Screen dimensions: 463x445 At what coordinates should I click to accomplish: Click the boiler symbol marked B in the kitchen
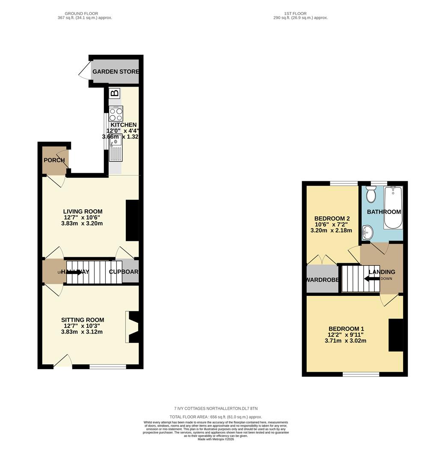pyautogui.click(x=115, y=93)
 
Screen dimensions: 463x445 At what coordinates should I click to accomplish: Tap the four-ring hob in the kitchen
pyautogui.click(x=116, y=114)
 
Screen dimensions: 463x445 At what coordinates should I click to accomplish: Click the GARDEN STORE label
pyautogui.click(x=116, y=72)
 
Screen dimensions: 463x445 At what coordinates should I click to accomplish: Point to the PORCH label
pyautogui.click(x=54, y=160)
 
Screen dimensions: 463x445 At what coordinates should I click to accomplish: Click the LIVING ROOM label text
pyautogui.click(x=83, y=211)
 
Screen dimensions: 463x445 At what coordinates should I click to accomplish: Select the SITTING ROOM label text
pyautogui.click(x=83, y=320)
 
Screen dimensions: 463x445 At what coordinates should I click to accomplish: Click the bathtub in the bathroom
pyautogui.click(x=393, y=208)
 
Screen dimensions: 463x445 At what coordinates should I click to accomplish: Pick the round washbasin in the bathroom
pyautogui.click(x=367, y=233)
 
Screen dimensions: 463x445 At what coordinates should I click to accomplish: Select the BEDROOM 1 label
pyautogui.click(x=346, y=329)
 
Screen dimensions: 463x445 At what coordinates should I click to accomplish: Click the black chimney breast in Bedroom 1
pyautogui.click(x=396, y=335)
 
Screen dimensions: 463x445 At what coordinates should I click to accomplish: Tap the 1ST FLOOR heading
pyautogui.click(x=295, y=14)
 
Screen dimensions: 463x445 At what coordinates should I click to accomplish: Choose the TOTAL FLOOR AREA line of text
pyautogui.click(x=216, y=417)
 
